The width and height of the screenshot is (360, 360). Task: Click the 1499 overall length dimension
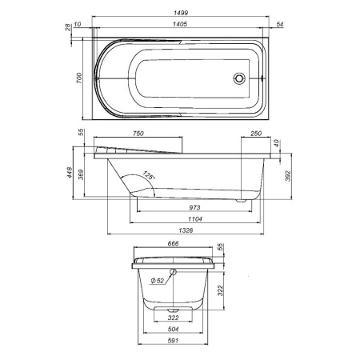[185, 11]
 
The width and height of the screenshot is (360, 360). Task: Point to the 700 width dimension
[79, 77]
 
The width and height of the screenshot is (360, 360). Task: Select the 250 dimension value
[256, 134]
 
